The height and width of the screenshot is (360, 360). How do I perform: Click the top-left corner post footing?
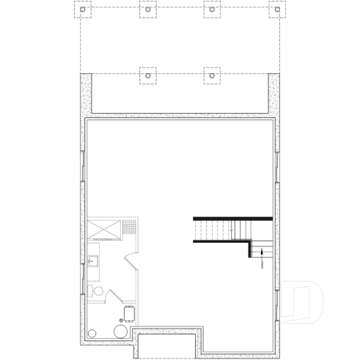point(82,10)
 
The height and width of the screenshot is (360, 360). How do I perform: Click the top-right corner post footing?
point(277,10)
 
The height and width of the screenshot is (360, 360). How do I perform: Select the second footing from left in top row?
point(147,10)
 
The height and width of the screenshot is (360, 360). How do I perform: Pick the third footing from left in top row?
point(212,10)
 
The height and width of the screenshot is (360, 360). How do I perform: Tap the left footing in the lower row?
point(147,75)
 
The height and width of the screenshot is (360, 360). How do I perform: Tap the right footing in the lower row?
point(212,75)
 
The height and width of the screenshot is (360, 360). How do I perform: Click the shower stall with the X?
point(104,229)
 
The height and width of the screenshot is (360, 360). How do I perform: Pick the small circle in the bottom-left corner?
point(92,334)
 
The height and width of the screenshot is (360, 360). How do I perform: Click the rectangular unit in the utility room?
point(130,315)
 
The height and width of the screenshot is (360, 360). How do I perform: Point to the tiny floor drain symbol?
point(122,320)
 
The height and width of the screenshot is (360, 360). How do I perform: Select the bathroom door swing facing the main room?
point(129,260)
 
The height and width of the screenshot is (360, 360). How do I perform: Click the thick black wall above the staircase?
point(232,218)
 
